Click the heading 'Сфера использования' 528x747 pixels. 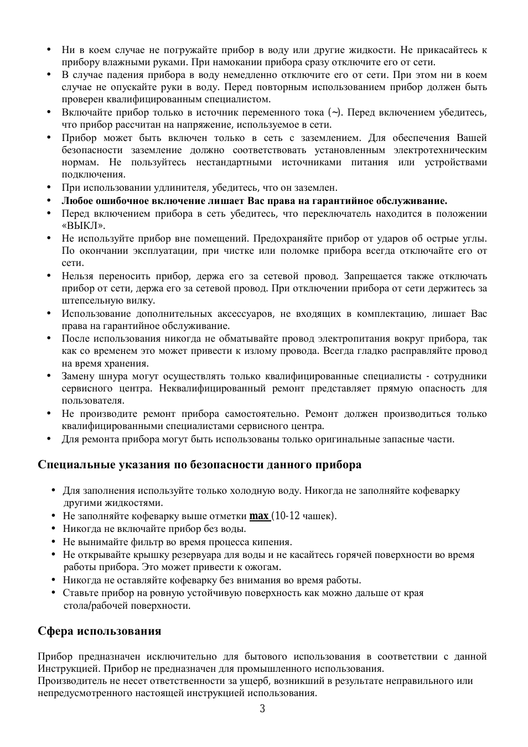pyautogui.click(x=100, y=631)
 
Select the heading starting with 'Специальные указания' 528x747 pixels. pyautogui.click(x=199, y=464)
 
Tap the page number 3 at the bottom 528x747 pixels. pyautogui.click(x=262, y=709)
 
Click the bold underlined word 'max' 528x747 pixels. pyautogui.click(x=258, y=516)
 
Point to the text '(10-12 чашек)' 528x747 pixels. pyautogui.click(x=304, y=516)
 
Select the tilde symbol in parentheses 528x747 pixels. pyautogui.click(x=335, y=113)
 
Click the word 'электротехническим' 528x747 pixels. pyautogui.click(x=440, y=150)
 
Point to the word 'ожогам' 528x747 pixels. pyautogui.click(x=264, y=567)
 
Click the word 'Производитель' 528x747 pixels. pyautogui.click(x=68, y=681)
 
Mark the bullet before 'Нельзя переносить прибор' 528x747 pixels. pyautogui.click(x=49, y=275)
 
